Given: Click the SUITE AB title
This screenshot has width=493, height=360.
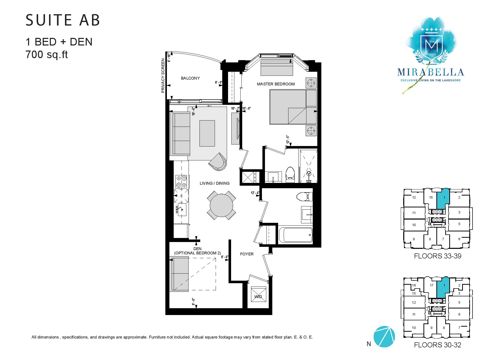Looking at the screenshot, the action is pyautogui.click(x=63, y=20).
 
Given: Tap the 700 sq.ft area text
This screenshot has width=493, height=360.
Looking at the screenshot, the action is pyautogui.click(x=47, y=55).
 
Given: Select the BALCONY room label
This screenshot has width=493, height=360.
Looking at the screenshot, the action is pyautogui.click(x=190, y=78).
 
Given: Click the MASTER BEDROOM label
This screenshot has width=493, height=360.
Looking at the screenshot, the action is pyautogui.click(x=276, y=84).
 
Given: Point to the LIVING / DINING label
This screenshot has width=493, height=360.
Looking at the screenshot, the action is pyautogui.click(x=215, y=183).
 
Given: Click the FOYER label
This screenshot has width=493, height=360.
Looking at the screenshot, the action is pyautogui.click(x=247, y=254).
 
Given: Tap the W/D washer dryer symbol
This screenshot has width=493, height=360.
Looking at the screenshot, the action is pyautogui.click(x=258, y=294).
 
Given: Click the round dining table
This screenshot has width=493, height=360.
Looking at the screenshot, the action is pyautogui.click(x=221, y=205).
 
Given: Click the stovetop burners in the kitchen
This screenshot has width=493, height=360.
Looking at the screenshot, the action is pyautogui.click(x=182, y=181).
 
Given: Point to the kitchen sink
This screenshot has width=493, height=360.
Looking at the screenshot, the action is pyautogui.click(x=181, y=209).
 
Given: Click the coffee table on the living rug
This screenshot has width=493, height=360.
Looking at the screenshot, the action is pyautogui.click(x=207, y=133).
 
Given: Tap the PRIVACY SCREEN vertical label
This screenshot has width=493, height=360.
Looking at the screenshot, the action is pyautogui.click(x=163, y=76).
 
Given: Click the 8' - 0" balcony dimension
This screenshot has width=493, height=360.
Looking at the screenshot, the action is pyautogui.click(x=218, y=82).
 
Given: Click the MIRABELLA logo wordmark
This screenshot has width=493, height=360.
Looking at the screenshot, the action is pyautogui.click(x=431, y=72).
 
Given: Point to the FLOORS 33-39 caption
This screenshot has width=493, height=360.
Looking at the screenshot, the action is pyautogui.click(x=438, y=256).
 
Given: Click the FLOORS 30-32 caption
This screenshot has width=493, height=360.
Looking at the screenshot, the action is pyautogui.click(x=438, y=345).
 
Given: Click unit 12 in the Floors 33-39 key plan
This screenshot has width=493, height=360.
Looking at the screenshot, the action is pyautogui.click(x=414, y=198).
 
